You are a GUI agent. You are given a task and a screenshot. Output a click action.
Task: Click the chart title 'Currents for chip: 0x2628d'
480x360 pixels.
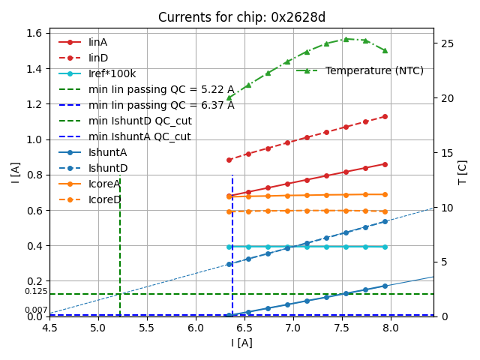click(241, 17)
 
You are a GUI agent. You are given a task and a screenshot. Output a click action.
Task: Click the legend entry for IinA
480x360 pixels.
click(98, 42)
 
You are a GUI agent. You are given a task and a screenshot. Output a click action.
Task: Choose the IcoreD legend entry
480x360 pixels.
click(104, 199)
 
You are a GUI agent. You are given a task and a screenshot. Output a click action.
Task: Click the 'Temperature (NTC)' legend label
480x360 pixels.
click(374, 70)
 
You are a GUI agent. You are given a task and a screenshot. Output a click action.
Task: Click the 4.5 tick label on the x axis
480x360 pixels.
click(49, 328)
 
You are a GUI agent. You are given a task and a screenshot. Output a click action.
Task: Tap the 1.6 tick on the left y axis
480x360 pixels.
click(34, 33)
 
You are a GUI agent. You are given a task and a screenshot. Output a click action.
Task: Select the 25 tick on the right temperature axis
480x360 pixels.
click(442, 43)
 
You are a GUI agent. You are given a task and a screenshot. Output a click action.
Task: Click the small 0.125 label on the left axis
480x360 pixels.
click(36, 291)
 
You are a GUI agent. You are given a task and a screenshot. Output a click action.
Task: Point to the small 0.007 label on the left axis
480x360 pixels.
click(36, 310)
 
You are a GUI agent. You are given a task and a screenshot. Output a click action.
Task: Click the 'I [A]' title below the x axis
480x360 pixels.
click(241, 343)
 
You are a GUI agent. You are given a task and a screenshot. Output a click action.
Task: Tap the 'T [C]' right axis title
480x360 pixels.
click(463, 172)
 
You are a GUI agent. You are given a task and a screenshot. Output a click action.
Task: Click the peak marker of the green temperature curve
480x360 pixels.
click(346, 39)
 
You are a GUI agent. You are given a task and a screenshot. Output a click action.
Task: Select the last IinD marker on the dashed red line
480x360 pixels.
click(385, 116)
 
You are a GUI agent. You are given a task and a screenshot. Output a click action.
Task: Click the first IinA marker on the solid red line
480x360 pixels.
click(229, 196)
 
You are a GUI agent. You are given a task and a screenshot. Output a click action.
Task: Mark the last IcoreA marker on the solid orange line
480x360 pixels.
click(385, 194)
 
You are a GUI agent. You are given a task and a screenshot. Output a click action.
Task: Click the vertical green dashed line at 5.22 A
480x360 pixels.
click(120, 247)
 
